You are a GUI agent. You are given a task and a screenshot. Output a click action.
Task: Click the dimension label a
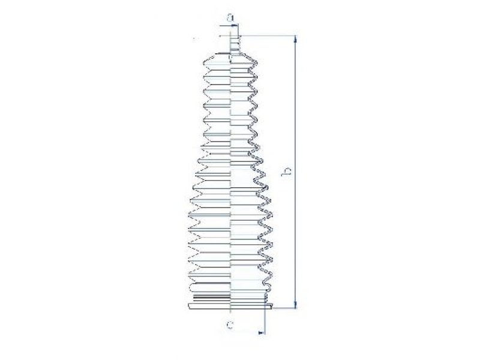point(230,18)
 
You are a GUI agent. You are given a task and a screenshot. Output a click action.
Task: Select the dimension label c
point(230,325)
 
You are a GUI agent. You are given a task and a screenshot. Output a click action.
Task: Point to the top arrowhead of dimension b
point(295,39)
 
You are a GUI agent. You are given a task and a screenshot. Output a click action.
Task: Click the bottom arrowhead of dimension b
point(295,304)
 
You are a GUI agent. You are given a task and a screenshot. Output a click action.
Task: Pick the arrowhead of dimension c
point(262,332)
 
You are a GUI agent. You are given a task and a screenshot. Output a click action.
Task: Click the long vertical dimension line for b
point(295,172)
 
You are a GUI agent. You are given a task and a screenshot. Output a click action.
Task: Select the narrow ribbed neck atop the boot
point(235,45)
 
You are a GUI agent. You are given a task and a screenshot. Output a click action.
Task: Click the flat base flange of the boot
point(230,306)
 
